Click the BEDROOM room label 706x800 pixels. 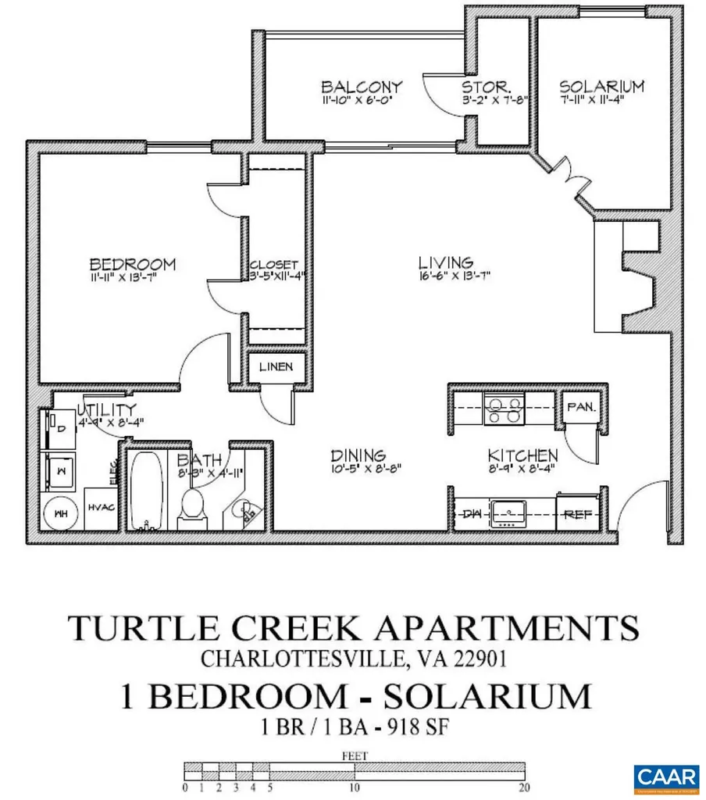(132, 264)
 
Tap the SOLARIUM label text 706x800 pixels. (601, 86)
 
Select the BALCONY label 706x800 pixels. (362, 87)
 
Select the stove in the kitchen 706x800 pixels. (504, 409)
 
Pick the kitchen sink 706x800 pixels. (509, 513)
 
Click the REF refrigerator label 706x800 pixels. (577, 515)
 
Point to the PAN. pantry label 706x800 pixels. (581, 407)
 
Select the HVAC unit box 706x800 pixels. (101, 508)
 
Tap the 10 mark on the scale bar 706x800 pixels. (355, 787)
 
